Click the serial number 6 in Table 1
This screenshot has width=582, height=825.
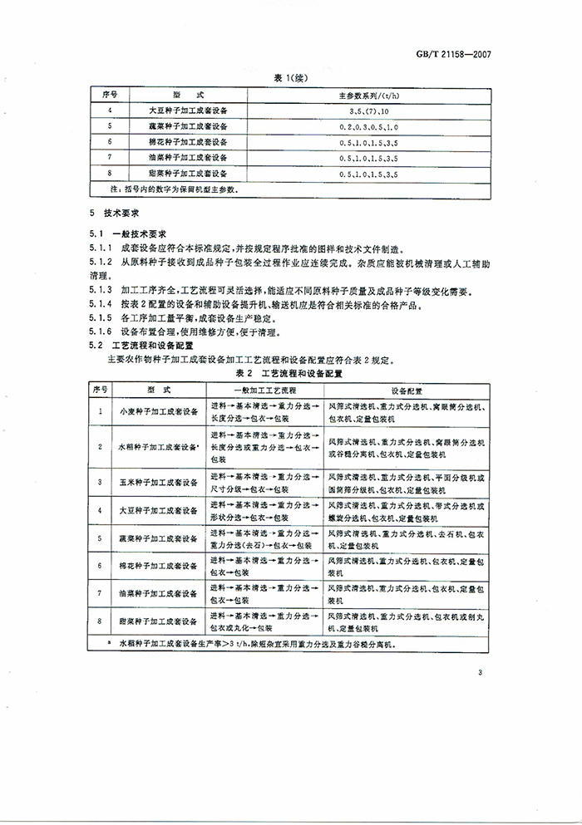point(110,142)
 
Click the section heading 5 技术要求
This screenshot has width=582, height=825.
point(115,214)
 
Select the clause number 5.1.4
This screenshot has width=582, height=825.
point(101,307)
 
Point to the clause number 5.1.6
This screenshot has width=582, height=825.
point(101,331)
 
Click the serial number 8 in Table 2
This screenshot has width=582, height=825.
point(101,621)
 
